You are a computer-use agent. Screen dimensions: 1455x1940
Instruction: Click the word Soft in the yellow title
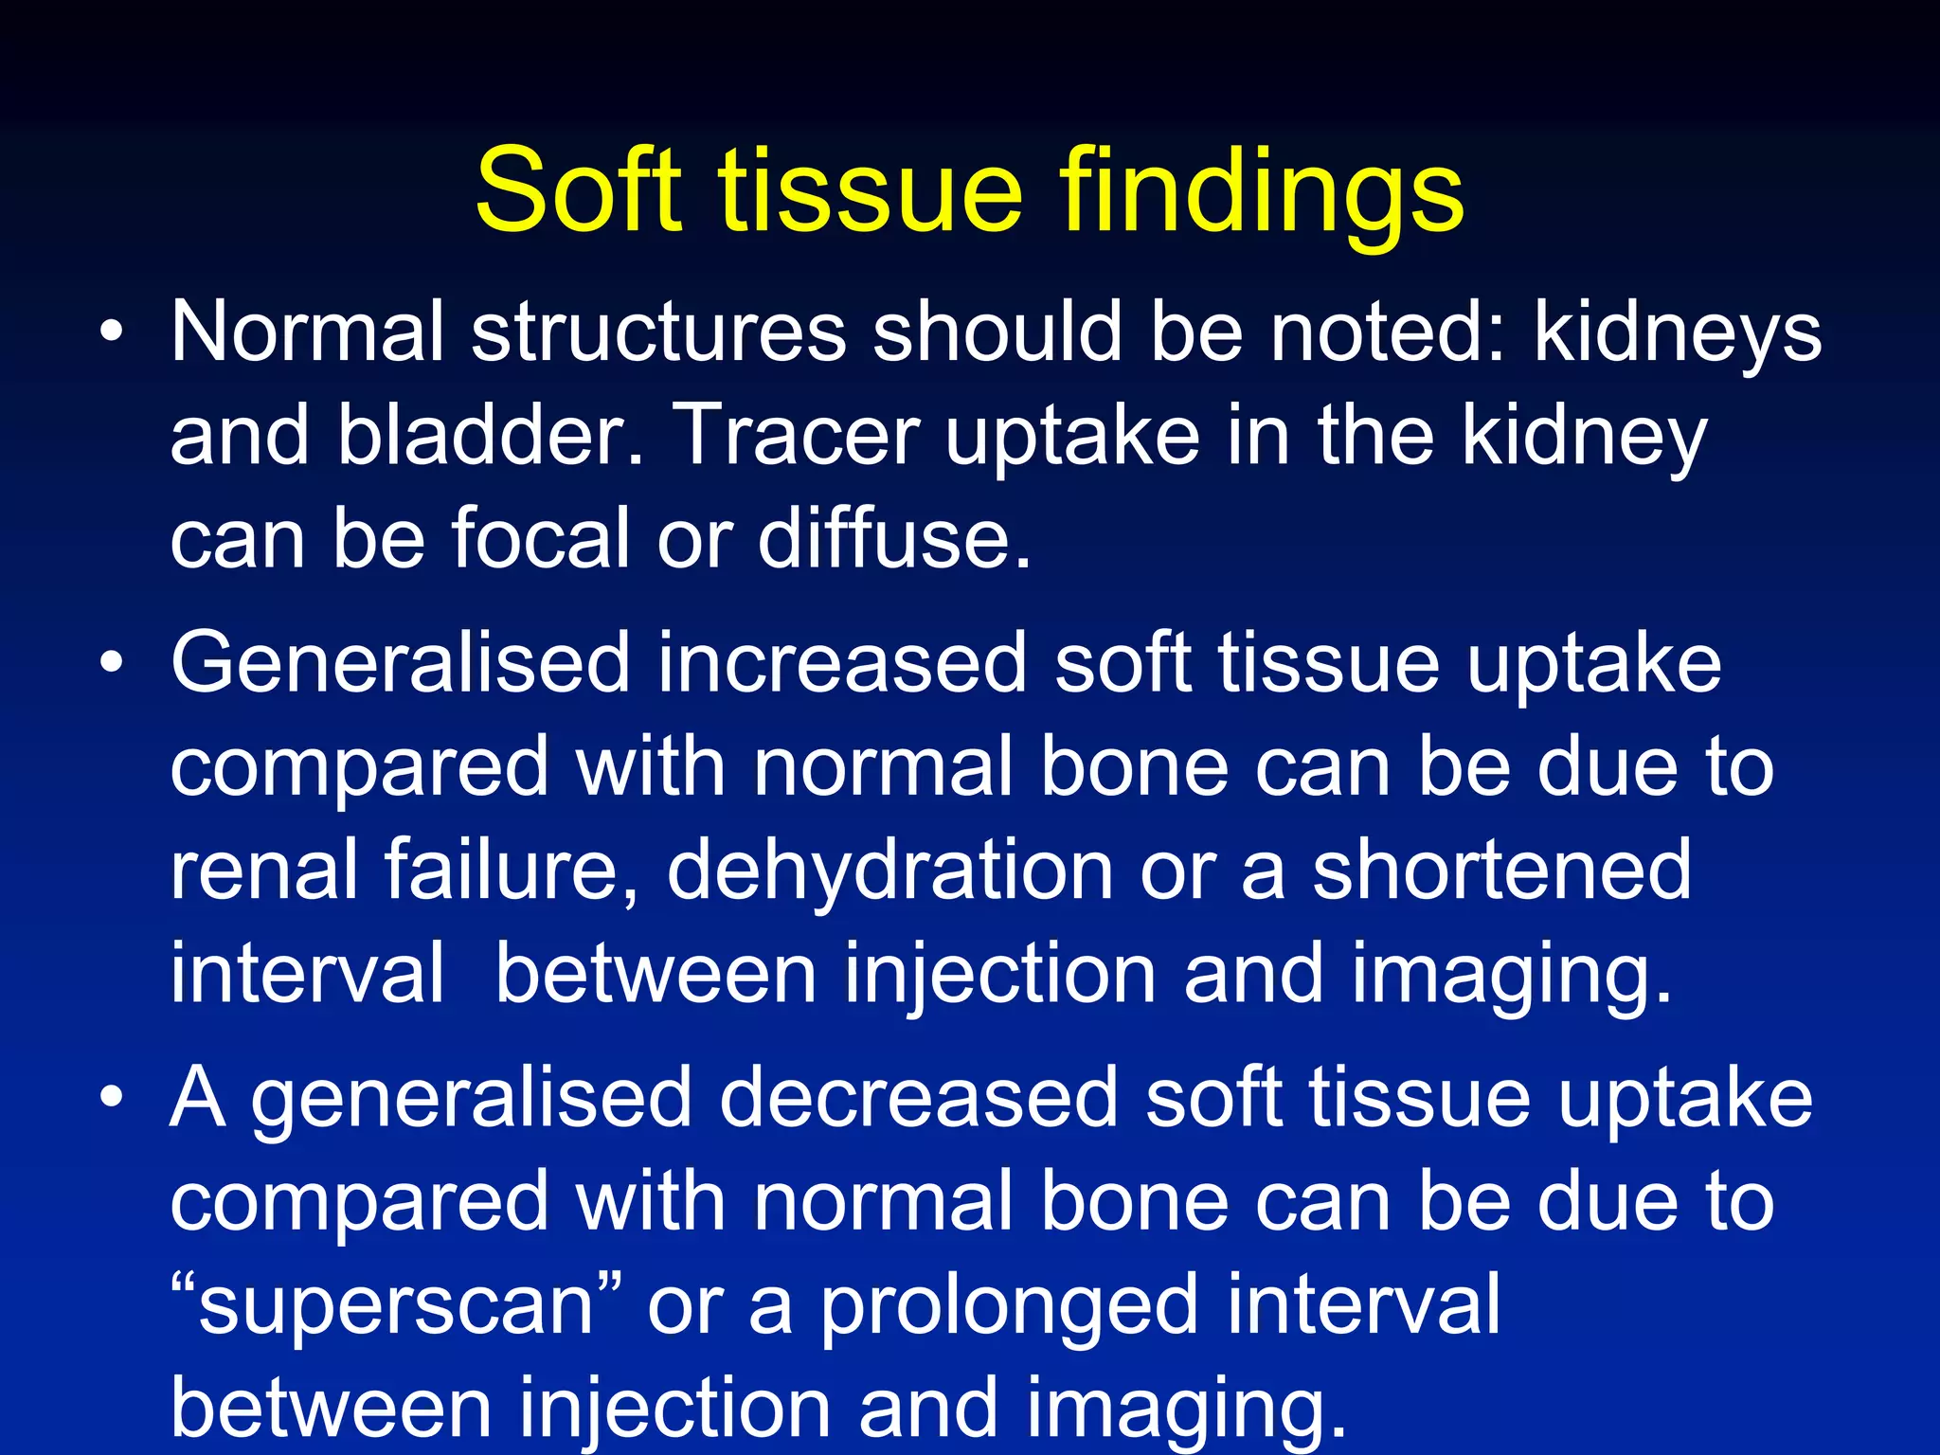(578, 189)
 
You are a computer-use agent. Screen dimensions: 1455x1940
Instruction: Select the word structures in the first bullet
(658, 332)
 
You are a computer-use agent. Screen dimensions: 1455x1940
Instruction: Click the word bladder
(491, 436)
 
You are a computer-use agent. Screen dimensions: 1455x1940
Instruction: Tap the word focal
(540, 538)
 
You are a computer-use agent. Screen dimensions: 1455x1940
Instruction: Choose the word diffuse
(893, 538)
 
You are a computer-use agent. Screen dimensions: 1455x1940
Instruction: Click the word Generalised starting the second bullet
(400, 663)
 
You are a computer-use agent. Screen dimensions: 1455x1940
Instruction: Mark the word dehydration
(890, 870)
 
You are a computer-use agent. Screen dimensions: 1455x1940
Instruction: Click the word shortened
(1501, 870)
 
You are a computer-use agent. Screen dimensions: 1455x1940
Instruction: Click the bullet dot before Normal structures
(112, 332)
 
